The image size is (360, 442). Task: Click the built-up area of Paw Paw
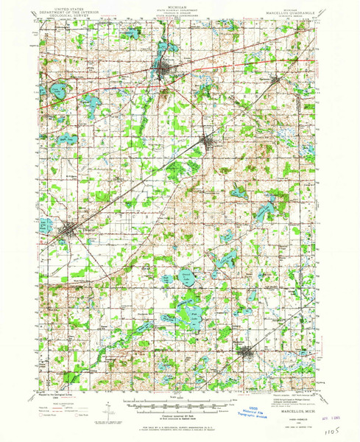pos(163,71)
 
